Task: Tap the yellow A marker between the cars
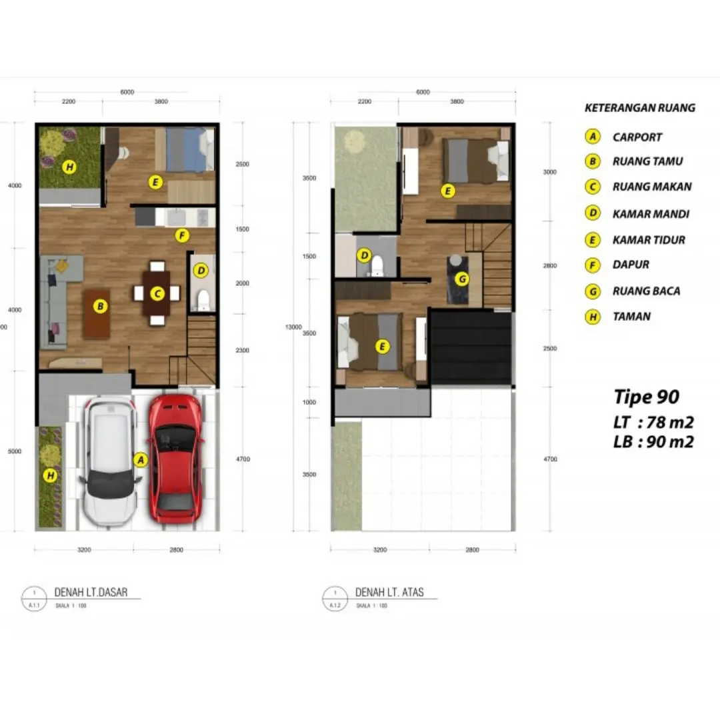pyautogui.click(x=140, y=459)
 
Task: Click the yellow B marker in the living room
pyautogui.click(x=100, y=307)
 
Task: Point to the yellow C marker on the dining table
pyautogui.click(x=157, y=293)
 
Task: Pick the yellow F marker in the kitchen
pyautogui.click(x=181, y=235)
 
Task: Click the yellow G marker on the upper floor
pyautogui.click(x=461, y=278)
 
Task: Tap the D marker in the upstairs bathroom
pyautogui.click(x=364, y=255)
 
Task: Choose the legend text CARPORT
pyautogui.click(x=637, y=137)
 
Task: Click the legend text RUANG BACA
pyautogui.click(x=646, y=291)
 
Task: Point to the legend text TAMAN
pyautogui.click(x=631, y=317)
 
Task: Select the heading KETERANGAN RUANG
pyautogui.click(x=639, y=107)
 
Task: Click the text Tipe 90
pyautogui.click(x=646, y=397)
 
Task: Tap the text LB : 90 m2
pyautogui.click(x=653, y=441)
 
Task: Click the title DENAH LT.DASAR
pyautogui.click(x=91, y=592)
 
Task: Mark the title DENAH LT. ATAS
pyautogui.click(x=389, y=592)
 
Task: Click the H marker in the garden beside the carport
pyautogui.click(x=49, y=475)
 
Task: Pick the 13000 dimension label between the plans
pyautogui.click(x=293, y=327)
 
